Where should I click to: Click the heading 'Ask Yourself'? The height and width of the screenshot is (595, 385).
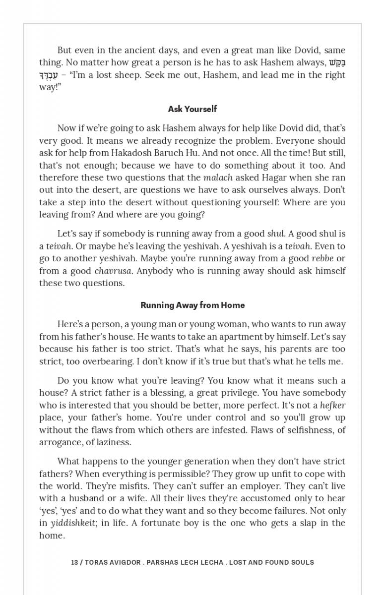click(192, 109)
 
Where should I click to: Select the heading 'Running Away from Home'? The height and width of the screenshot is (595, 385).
click(192, 305)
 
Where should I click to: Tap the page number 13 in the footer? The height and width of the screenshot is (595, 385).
click(74, 562)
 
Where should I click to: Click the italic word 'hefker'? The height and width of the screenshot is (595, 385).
click(332, 405)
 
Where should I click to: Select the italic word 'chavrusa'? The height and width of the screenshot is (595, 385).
click(113, 271)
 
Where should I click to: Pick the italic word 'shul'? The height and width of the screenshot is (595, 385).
click(275, 234)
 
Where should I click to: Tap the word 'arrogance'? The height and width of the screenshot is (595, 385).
click(59, 442)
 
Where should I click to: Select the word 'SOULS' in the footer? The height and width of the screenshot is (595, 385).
click(302, 562)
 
